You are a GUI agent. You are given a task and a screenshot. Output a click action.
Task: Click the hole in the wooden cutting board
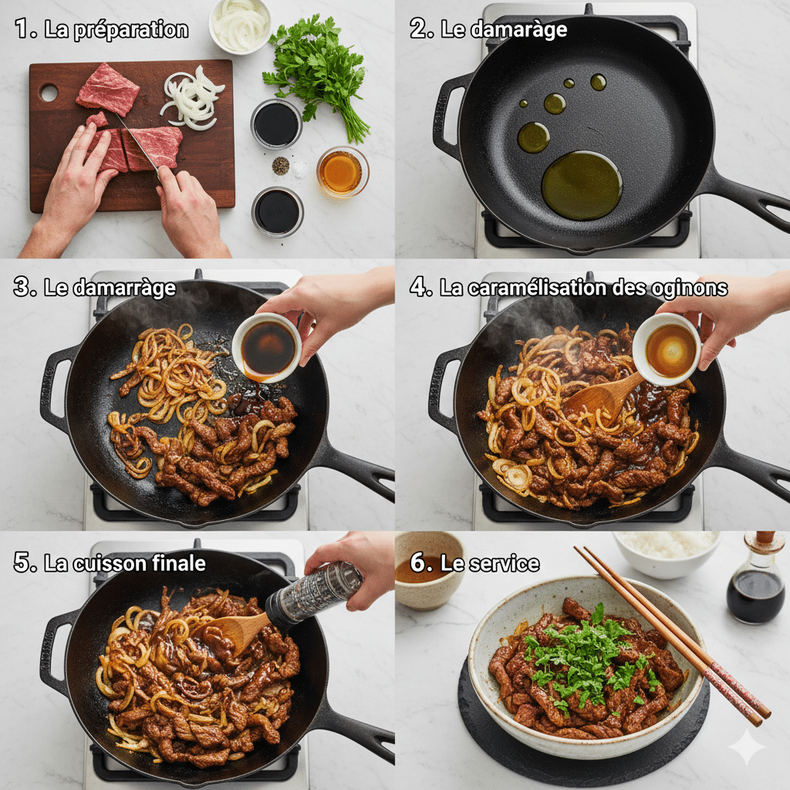click(x=49, y=93)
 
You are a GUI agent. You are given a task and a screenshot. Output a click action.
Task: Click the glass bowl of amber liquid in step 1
click(x=342, y=171)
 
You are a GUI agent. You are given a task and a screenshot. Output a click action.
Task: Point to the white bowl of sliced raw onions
click(x=240, y=25)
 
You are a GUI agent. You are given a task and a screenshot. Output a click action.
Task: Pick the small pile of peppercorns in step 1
click(x=281, y=165)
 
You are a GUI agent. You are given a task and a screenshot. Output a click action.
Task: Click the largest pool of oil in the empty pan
click(x=581, y=184)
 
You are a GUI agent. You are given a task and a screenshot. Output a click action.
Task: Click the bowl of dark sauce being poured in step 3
click(x=267, y=348)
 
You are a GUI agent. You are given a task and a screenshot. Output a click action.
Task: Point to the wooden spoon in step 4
click(x=602, y=397)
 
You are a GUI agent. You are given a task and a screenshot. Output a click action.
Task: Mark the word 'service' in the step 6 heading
click(x=502, y=563)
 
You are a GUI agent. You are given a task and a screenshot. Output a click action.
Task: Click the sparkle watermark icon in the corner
click(x=747, y=747)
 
